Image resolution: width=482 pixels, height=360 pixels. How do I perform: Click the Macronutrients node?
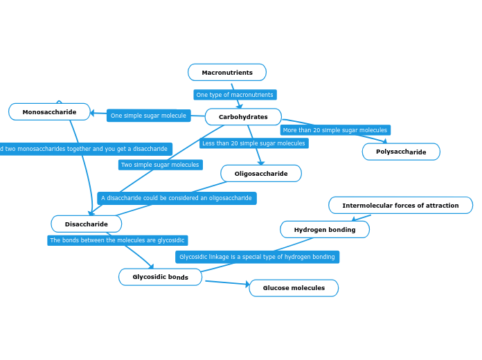[227, 73]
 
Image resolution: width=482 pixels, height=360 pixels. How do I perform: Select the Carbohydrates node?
[243, 117]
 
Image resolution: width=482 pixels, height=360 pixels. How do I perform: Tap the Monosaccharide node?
[49, 112]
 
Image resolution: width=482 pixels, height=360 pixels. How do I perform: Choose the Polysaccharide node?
[401, 152]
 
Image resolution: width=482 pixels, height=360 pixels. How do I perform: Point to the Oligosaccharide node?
[261, 174]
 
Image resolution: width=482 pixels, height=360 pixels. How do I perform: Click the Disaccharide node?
[87, 224]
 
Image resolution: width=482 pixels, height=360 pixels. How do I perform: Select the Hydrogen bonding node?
[325, 230]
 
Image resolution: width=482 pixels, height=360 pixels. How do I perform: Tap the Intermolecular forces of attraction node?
[400, 206]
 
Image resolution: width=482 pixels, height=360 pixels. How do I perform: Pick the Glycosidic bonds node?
[160, 277]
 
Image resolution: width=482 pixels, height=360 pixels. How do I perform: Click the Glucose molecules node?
[294, 288]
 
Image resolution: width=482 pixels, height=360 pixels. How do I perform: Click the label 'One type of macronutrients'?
[235, 95]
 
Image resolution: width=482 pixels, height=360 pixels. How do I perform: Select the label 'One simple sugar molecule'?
[148, 116]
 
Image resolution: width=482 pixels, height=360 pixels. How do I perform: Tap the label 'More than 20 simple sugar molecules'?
[335, 130]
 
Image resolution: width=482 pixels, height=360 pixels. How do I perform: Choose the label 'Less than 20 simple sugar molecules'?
[253, 143]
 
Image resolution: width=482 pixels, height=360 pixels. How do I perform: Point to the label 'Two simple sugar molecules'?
[160, 165]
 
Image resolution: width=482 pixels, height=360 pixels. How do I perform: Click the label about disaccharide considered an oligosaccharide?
[177, 198]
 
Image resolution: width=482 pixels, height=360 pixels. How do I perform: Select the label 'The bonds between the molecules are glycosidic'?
[117, 240]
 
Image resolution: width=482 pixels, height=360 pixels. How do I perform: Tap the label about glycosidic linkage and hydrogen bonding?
[257, 257]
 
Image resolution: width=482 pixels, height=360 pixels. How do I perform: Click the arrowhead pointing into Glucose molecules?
[246, 285]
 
